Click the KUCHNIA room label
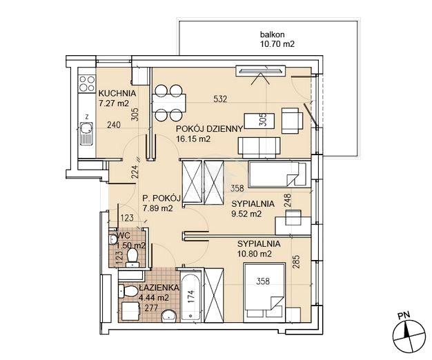pos(117,93)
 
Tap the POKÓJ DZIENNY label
pos(209,129)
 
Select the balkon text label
pos(272,35)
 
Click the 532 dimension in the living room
pos(220,99)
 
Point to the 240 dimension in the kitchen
pos(114,125)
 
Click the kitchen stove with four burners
pos(87,83)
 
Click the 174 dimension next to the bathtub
pos(191,297)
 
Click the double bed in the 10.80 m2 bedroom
pos(264,292)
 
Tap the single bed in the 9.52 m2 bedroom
pos(277,174)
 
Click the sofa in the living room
pos(259,148)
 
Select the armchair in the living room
pos(292,121)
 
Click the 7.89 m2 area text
pos(157,209)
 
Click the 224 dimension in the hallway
pos(135,172)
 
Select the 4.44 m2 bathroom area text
pos(154,298)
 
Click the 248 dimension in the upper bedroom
pos(287,201)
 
